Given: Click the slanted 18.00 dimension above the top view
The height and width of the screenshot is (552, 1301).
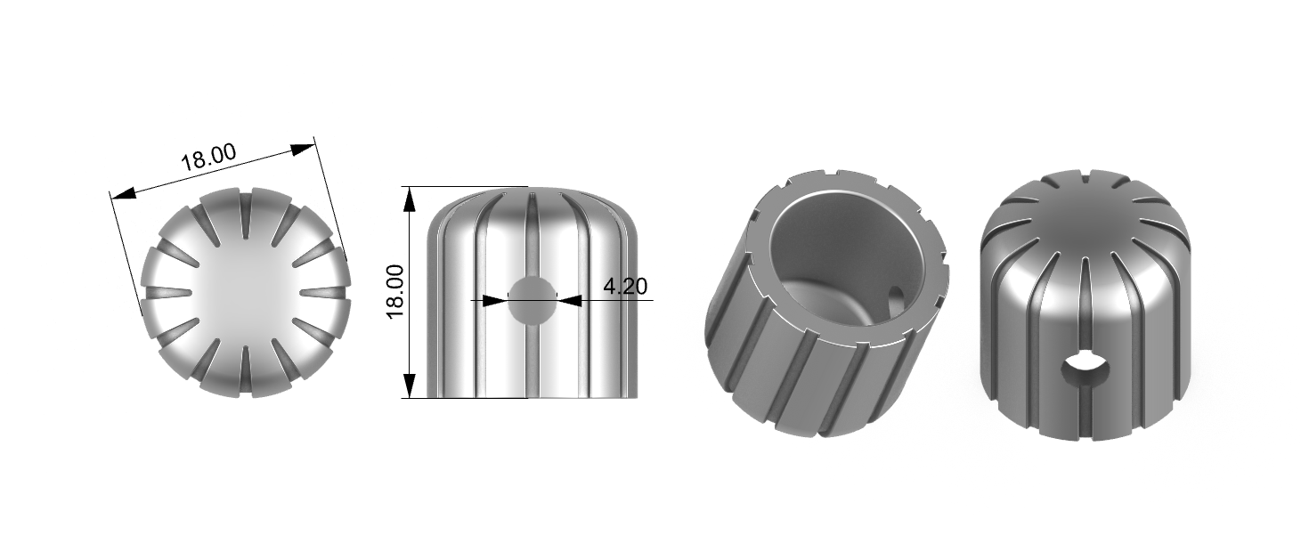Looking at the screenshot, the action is point(209,157).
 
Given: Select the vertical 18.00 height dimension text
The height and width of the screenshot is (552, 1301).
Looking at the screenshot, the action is point(395,291).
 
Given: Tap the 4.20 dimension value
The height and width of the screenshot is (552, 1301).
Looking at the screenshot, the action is point(625,286).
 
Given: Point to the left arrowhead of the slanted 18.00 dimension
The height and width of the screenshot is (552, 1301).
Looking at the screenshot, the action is point(123,194).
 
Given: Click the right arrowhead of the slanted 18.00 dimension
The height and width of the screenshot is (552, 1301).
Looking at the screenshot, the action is point(303,150).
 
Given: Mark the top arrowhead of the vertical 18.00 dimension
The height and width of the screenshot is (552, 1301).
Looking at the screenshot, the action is point(410,199).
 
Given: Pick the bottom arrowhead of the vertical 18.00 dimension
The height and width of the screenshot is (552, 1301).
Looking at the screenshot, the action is point(410,386).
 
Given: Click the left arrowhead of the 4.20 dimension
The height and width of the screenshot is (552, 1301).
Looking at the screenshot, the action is point(495,300).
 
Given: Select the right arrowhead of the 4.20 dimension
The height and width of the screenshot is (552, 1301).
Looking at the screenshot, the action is point(569,300).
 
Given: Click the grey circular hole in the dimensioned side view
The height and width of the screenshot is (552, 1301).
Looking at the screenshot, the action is point(532,299).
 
